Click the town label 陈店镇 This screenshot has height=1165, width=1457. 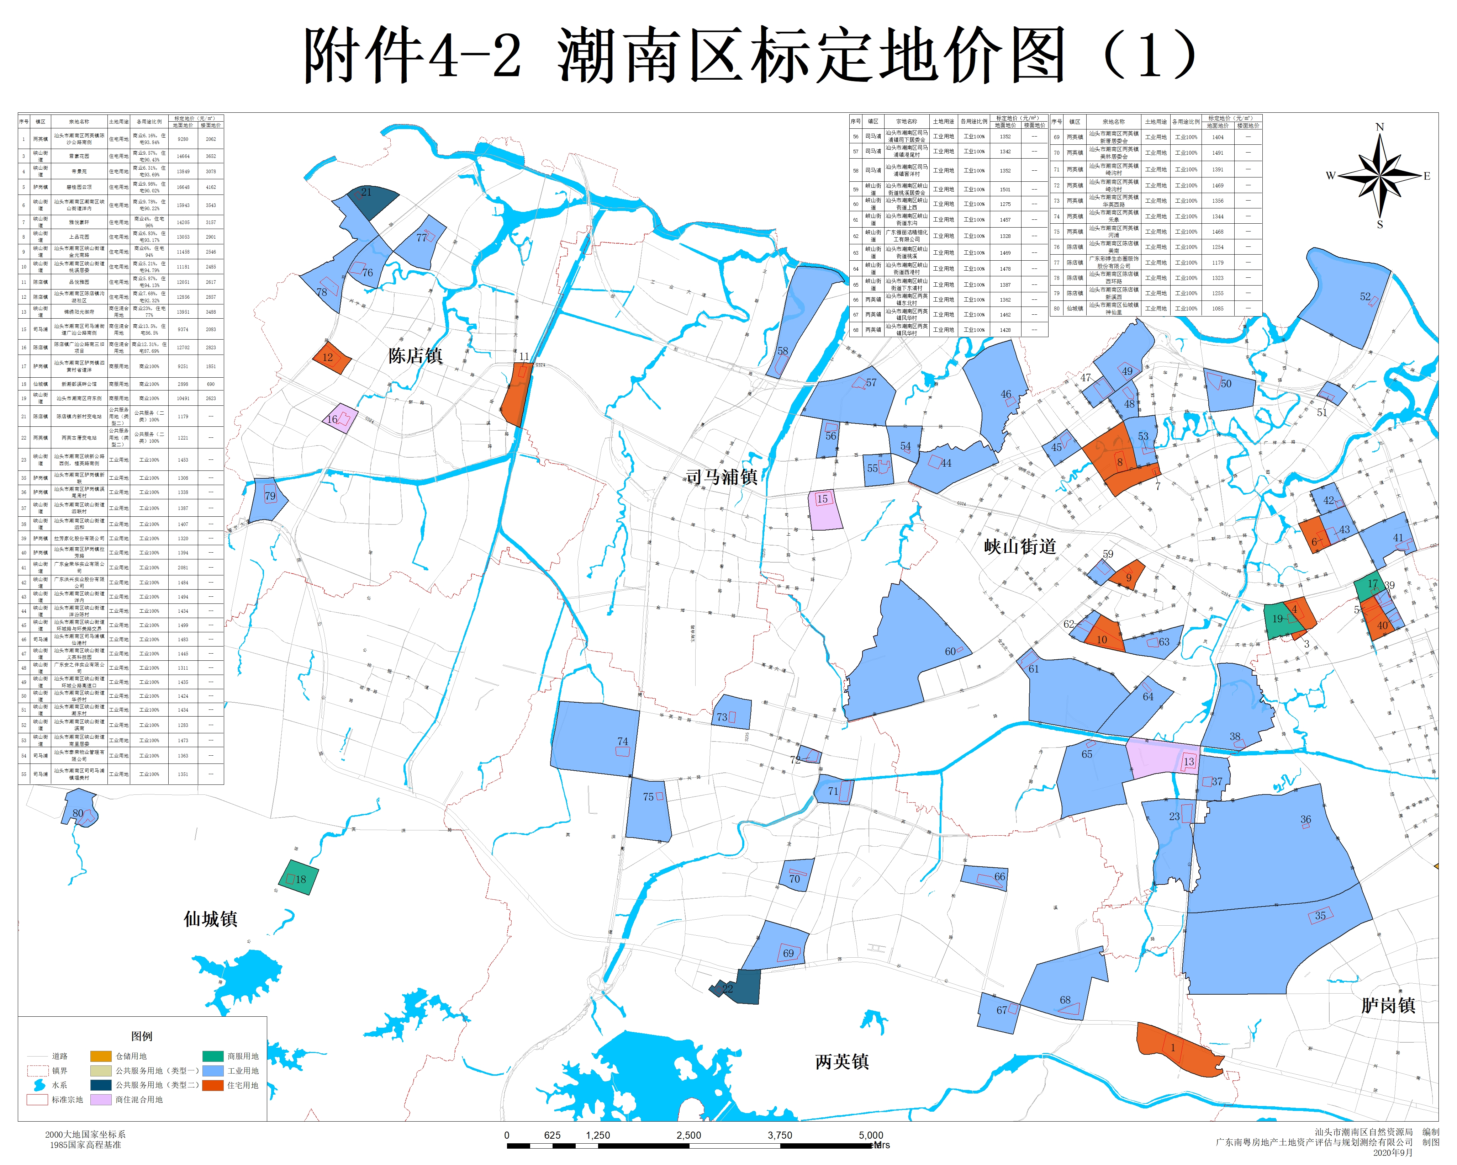pos(415,356)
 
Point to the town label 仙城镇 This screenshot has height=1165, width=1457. pos(210,919)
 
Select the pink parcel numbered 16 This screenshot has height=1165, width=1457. pos(340,418)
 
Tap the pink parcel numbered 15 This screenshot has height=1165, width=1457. pos(824,510)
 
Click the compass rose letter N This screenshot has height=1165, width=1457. pos(1379,127)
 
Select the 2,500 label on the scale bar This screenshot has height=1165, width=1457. pos(688,1135)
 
